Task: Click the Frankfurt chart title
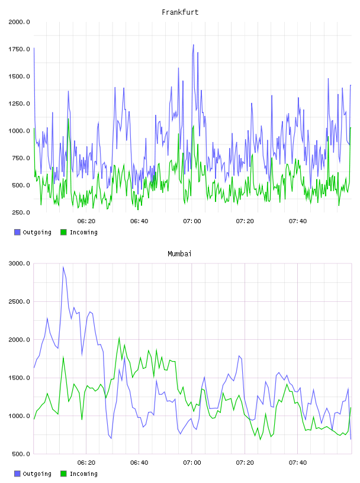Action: (180, 12)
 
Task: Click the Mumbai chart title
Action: (179, 254)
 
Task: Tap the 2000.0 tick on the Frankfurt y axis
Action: (19, 22)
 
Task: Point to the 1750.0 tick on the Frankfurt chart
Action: (19, 49)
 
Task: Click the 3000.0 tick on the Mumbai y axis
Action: (19, 263)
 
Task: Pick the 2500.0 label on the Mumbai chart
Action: (19, 301)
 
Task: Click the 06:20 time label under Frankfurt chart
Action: (86, 221)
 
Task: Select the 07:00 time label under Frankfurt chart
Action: (192, 221)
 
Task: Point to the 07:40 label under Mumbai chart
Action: (298, 463)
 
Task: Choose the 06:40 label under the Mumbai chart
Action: (139, 463)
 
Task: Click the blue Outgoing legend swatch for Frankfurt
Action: (17, 232)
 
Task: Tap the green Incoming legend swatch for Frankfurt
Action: (63, 232)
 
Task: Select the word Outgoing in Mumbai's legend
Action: (37, 474)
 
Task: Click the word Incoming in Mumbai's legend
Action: (83, 474)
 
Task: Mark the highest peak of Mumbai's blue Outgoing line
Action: (63, 267)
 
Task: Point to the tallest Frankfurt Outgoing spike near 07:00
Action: (194, 44)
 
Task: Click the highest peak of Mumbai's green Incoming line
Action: (119, 337)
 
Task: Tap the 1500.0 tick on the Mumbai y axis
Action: (19, 378)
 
